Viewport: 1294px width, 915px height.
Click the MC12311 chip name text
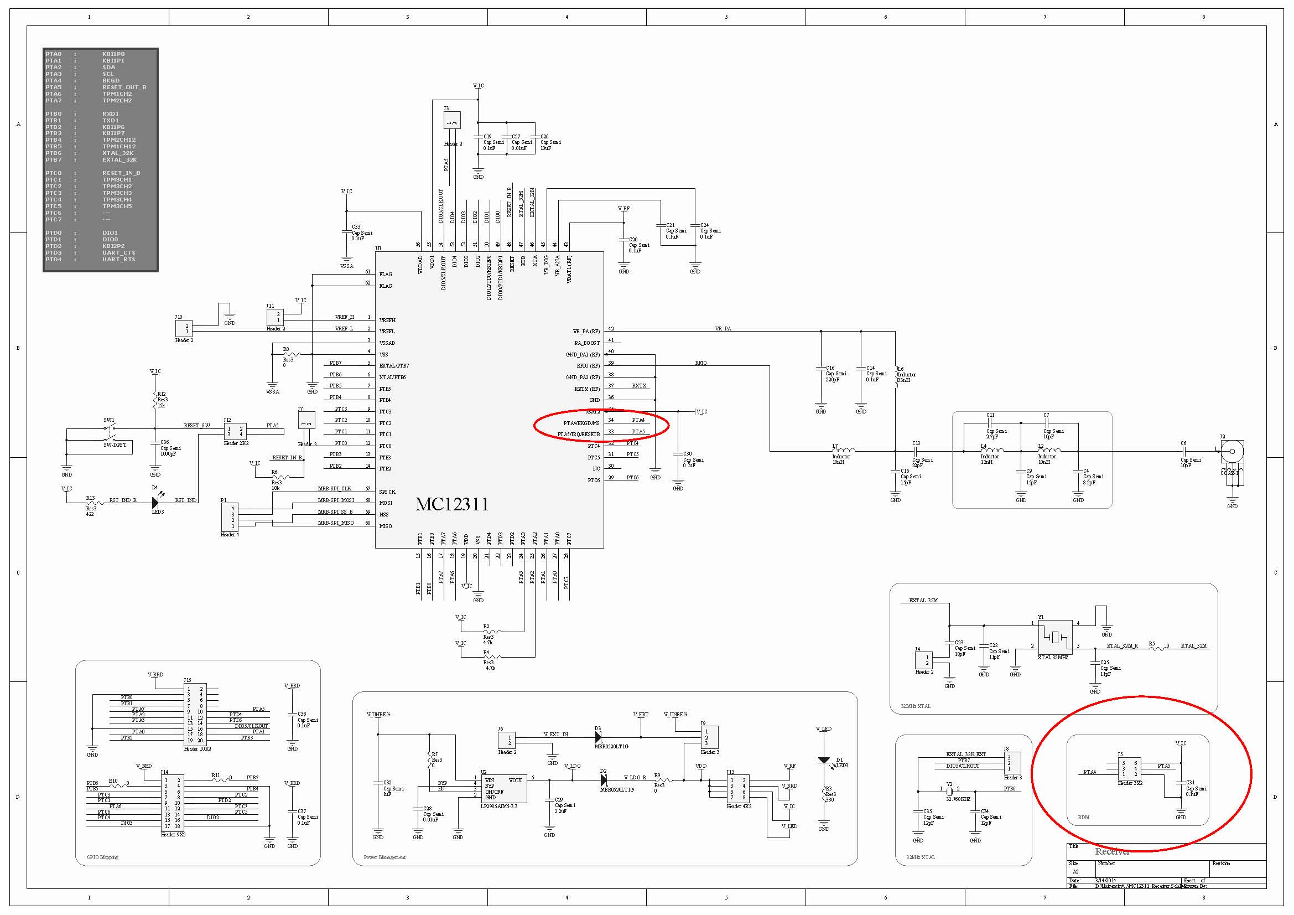click(451, 504)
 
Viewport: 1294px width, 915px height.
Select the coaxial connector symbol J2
click(1232, 452)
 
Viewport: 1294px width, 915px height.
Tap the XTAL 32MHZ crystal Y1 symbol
click(1054, 637)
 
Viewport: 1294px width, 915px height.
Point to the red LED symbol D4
click(156, 502)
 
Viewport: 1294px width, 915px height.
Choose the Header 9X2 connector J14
click(172, 803)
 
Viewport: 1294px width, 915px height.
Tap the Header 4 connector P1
click(230, 518)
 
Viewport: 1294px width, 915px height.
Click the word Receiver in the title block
click(1112, 851)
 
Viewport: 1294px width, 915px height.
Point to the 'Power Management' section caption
click(384, 857)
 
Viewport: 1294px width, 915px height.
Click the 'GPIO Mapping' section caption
click(102, 857)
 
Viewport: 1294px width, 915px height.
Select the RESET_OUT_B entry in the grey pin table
click(124, 87)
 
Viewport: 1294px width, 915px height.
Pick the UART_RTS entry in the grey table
click(118, 260)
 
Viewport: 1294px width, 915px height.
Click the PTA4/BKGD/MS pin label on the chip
click(581, 423)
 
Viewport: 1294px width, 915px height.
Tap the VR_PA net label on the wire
click(723, 329)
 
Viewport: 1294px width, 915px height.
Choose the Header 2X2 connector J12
click(235, 432)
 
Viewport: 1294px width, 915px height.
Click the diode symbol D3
click(598, 737)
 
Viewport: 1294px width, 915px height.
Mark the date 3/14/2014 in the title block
click(1105, 880)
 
